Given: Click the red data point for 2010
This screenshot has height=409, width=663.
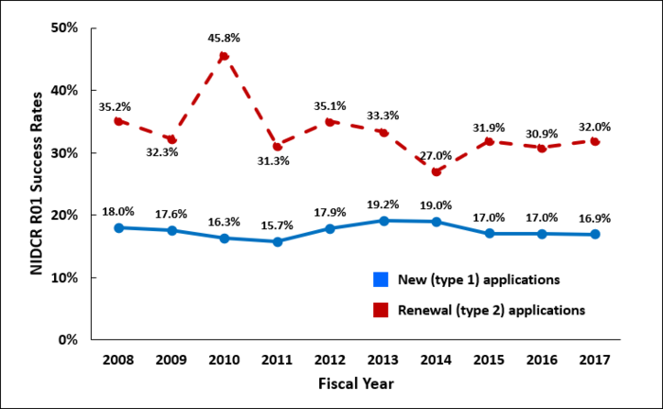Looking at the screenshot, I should click(x=224, y=57).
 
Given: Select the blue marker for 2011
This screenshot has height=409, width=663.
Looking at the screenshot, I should click(x=278, y=241).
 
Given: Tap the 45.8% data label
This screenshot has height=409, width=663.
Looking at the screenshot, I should click(x=224, y=38).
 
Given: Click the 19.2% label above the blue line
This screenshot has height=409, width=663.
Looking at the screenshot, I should click(x=383, y=203).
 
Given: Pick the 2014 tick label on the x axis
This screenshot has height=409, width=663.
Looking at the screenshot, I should click(x=436, y=360).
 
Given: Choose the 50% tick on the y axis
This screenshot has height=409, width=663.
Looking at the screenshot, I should click(x=64, y=27).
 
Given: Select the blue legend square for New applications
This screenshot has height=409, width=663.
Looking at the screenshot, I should click(x=380, y=279).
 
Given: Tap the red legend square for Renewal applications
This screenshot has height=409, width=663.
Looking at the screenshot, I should click(x=380, y=309).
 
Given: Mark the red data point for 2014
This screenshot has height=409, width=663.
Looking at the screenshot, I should click(x=437, y=171).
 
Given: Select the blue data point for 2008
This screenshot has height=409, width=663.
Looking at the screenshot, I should click(x=118, y=227).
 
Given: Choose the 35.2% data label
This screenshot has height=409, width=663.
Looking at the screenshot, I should click(x=115, y=106).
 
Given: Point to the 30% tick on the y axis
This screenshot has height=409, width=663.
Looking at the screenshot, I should click(x=64, y=152).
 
